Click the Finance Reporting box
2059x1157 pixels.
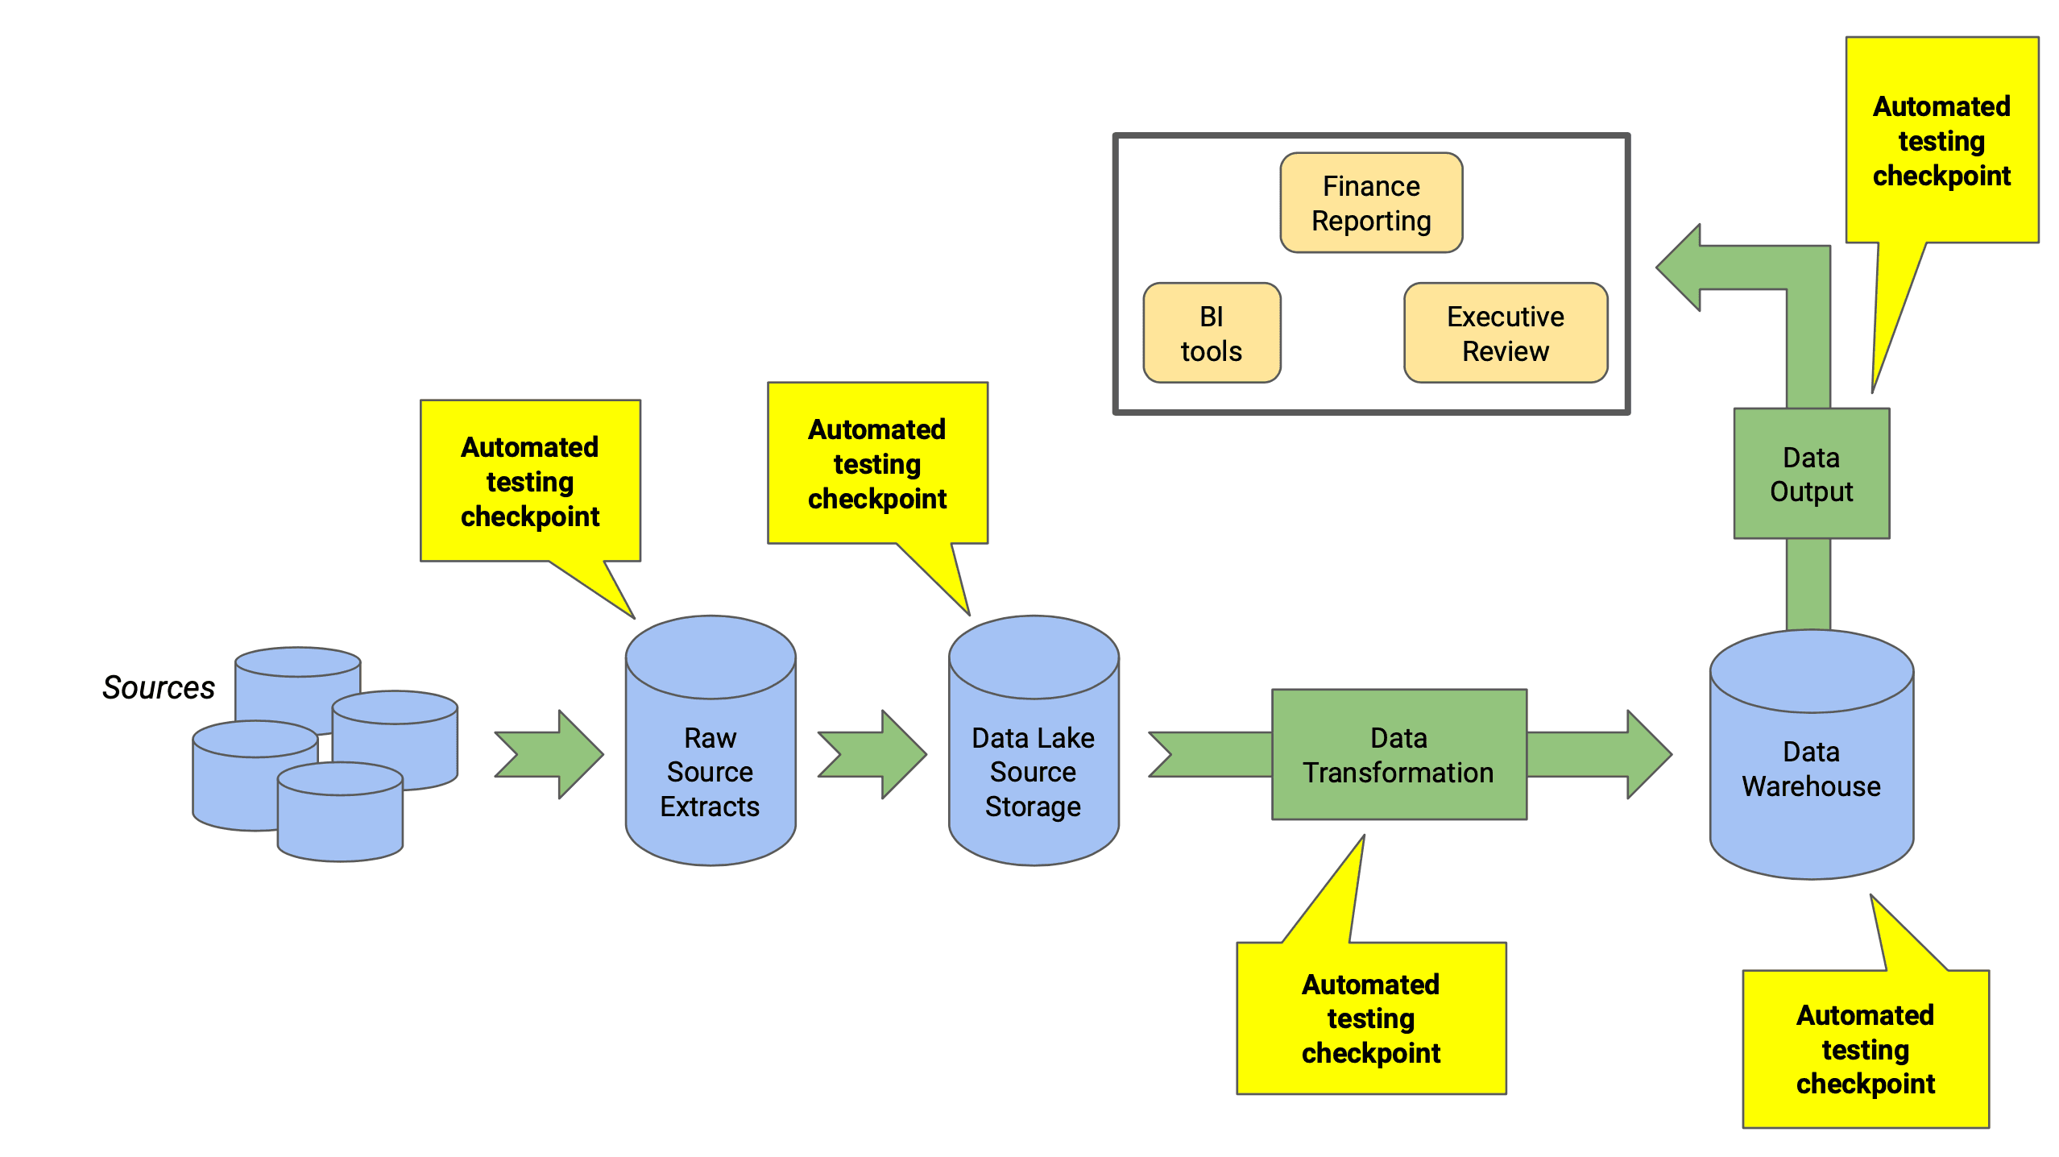[1371, 203]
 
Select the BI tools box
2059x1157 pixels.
[1211, 333]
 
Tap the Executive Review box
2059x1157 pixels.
[1505, 333]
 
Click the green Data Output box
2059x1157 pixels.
[1811, 474]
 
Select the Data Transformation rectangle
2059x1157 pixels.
[1398, 755]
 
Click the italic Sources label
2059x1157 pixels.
[159, 687]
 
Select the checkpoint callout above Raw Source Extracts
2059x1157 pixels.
[530, 481]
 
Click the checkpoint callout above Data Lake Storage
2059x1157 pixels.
[877, 463]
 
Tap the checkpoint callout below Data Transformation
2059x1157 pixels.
[1371, 1018]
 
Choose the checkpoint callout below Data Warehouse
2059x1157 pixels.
[1865, 1049]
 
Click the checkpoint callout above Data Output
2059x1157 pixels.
[1941, 141]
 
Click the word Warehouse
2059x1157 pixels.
[1811, 786]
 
